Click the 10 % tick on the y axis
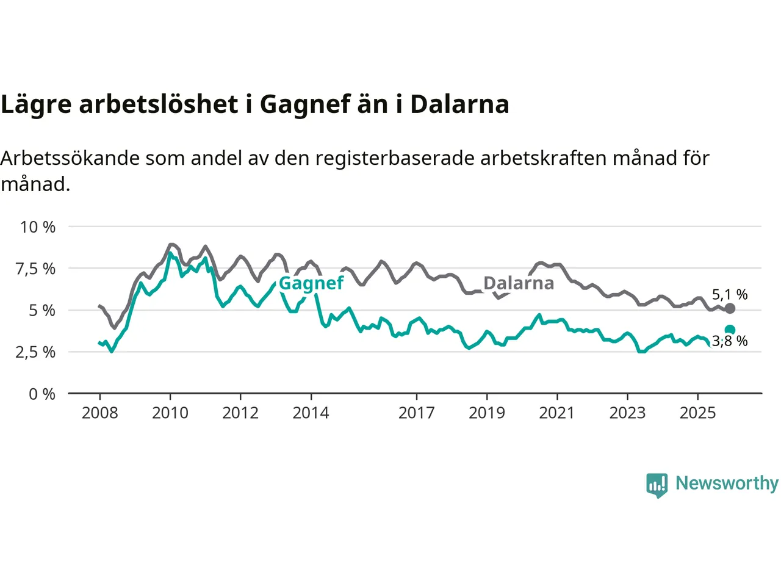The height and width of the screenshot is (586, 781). pos(38,227)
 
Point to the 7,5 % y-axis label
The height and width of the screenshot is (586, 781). pos(35,269)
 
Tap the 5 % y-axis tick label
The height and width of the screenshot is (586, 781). pos(42,311)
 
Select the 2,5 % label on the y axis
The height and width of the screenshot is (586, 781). pos(35,352)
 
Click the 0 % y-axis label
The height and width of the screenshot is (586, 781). pos(42,394)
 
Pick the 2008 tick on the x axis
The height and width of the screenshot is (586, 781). pos(99,413)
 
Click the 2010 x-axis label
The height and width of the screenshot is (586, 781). pos(170,413)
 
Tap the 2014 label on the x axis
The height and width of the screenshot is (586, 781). pos(311,413)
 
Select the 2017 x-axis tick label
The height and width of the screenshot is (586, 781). pos(416,413)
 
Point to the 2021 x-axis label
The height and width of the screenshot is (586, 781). pos(557,413)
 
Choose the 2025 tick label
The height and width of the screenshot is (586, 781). pos(697,413)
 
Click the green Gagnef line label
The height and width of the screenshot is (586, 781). pos(311,284)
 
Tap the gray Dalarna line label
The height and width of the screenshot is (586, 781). pos(519,283)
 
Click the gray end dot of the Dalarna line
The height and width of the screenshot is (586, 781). pos(730,308)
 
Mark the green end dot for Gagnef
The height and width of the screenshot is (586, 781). pos(730,330)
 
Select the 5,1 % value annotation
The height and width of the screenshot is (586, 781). pos(730,295)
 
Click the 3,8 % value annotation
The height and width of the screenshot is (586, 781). pos(730,341)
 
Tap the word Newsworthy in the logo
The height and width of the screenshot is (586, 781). pos(727,483)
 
